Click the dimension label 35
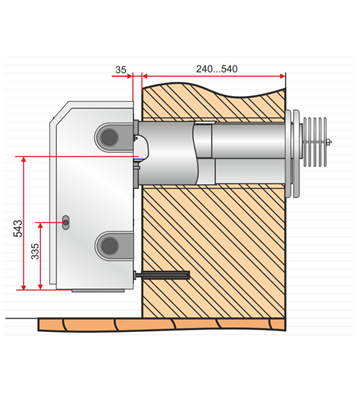[121, 70]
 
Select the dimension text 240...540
[217, 69]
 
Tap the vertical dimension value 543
[18, 228]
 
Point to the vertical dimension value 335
[35, 252]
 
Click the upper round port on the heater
[109, 137]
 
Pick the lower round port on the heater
[109, 246]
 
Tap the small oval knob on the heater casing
[66, 222]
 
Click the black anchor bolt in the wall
[162, 275]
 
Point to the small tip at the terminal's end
[330, 142]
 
